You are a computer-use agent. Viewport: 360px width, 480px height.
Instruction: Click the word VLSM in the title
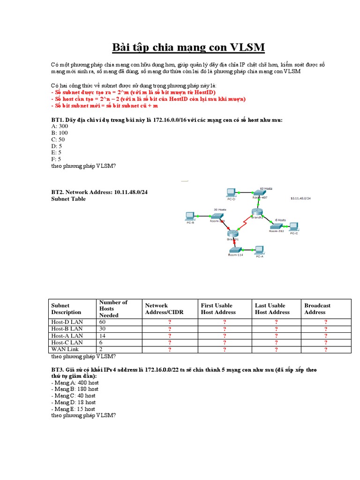[247, 47]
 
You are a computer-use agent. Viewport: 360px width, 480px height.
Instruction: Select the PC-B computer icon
[190, 216]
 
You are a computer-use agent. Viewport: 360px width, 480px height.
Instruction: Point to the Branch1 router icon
[232, 233]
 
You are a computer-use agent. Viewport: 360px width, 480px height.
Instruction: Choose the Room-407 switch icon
[259, 192]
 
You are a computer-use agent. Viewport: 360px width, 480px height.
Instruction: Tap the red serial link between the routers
[244, 224]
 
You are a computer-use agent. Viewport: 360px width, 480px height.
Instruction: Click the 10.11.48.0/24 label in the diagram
[300, 198]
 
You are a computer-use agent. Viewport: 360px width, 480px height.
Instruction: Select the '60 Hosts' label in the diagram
[265, 188]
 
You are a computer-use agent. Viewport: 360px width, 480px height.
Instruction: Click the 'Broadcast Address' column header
[317, 308]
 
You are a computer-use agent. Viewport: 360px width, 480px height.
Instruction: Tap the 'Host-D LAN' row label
[67, 322]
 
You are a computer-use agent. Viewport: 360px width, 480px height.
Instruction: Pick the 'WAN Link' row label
[65, 349]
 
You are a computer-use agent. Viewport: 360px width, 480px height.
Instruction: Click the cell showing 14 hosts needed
[102, 336]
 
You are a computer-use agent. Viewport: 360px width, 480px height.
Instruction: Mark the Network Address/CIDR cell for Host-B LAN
[169, 329]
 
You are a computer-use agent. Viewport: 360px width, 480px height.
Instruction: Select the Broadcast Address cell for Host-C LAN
[326, 343]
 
